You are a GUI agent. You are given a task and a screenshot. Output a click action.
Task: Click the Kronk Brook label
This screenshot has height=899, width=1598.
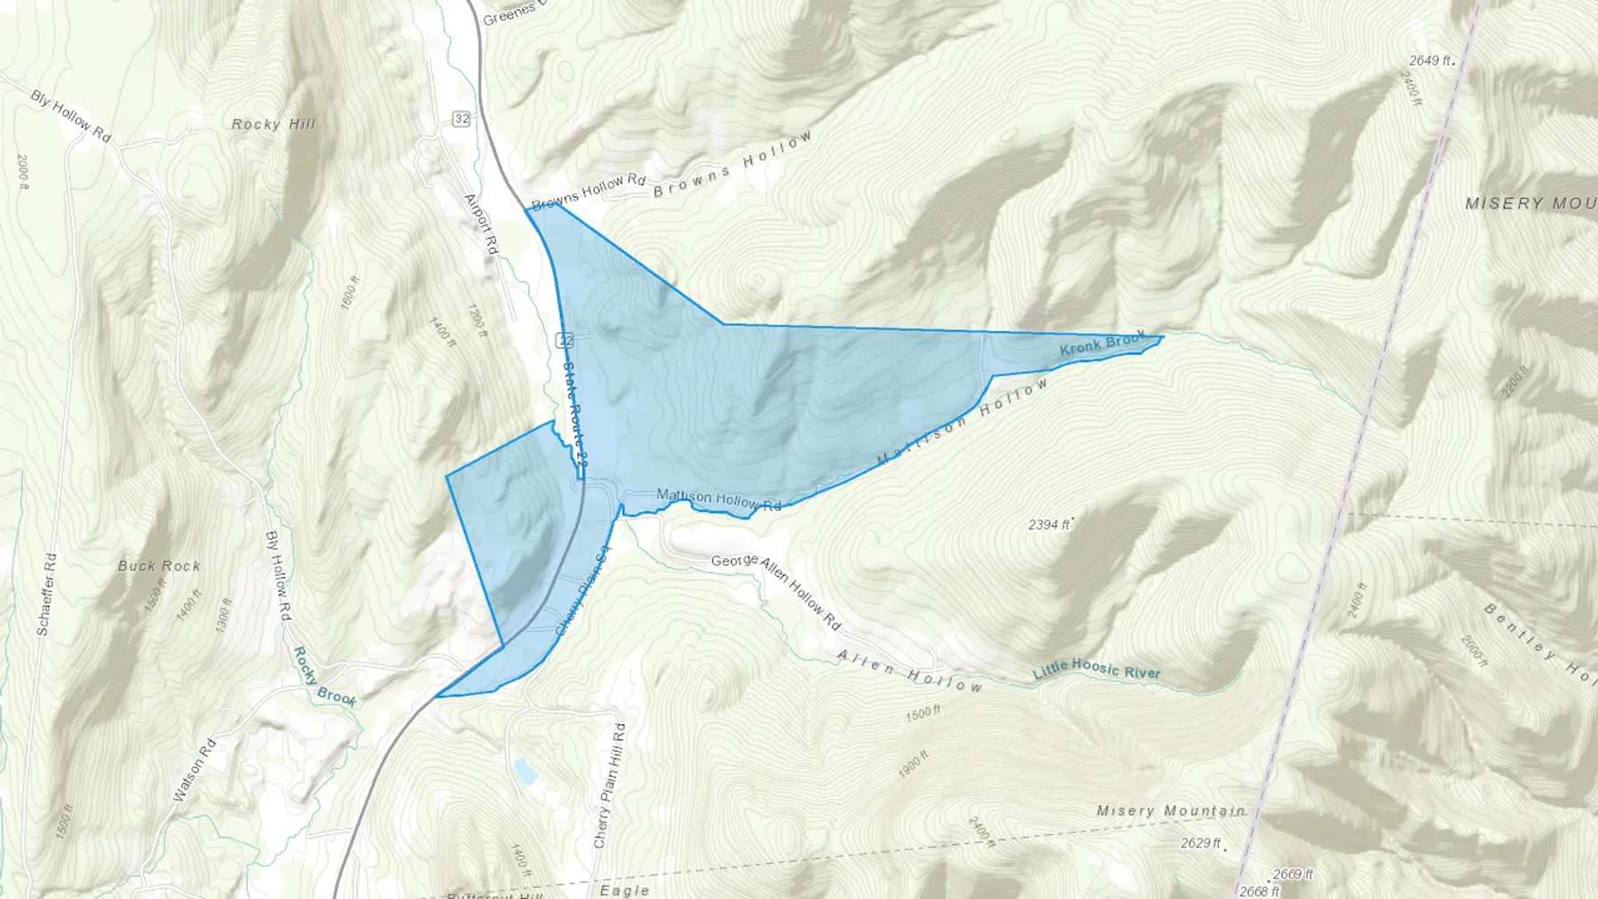(x=1103, y=344)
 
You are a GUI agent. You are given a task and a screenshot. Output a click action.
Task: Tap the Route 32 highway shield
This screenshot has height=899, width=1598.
(x=460, y=119)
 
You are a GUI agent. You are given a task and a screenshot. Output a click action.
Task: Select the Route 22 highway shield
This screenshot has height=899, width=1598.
(x=566, y=340)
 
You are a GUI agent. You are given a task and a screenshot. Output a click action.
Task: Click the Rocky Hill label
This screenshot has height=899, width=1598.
(x=273, y=124)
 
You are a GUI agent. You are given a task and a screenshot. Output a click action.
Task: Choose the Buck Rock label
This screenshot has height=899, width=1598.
(x=160, y=565)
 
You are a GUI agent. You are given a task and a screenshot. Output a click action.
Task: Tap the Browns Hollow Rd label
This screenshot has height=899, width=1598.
(x=589, y=193)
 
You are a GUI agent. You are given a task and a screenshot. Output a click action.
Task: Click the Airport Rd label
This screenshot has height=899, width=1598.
(x=481, y=225)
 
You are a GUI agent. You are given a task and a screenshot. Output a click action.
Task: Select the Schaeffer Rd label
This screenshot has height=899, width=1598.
(x=47, y=594)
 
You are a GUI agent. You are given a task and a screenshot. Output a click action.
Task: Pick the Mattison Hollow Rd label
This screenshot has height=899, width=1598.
(x=718, y=500)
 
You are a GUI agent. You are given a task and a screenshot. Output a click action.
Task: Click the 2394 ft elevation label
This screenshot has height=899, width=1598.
(x=1048, y=524)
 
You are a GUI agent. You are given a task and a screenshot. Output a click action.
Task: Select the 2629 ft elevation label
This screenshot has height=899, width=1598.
(x=1201, y=842)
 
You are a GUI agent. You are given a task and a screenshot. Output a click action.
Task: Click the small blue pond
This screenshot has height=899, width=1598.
(x=525, y=770)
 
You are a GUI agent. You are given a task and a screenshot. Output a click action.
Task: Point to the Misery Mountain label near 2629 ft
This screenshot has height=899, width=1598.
(x=1170, y=810)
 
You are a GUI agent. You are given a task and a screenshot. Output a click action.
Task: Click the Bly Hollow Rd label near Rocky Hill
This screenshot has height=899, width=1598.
(x=71, y=116)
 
